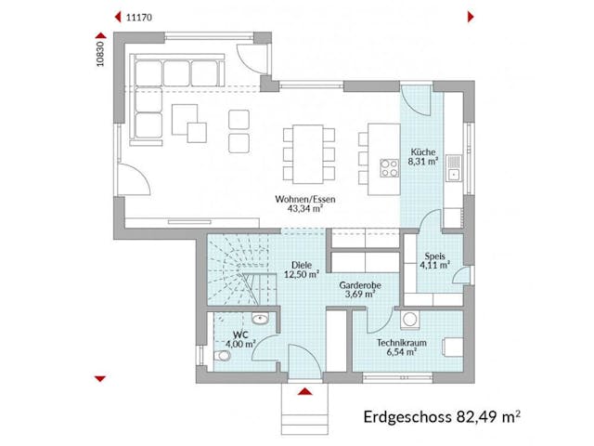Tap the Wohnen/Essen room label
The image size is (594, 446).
click(298, 200)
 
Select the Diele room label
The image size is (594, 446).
click(301, 263)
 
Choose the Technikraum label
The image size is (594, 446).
click(402, 343)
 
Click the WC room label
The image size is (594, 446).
click(240, 333)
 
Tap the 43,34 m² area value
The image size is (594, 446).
click(298, 211)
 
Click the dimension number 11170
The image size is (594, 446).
click(139, 17)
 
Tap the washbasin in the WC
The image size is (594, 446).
click(263, 319)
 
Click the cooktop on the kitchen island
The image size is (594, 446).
click(386, 168)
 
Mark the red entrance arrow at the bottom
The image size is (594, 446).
click(303, 390)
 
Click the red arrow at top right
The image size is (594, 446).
click(471, 17)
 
